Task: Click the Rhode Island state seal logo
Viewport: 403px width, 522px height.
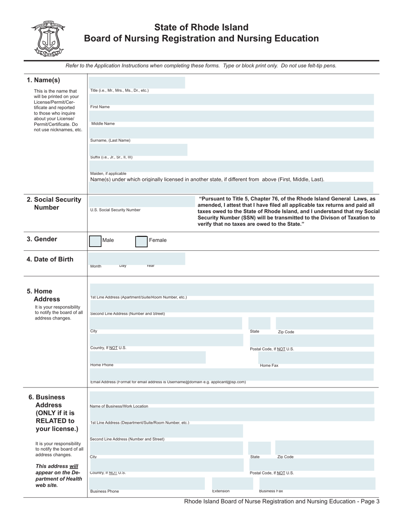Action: tap(47, 39)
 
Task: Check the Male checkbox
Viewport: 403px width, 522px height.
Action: tap(95, 241)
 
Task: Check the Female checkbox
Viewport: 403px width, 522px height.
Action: tap(141, 241)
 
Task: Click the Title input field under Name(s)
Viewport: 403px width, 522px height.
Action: tap(136, 82)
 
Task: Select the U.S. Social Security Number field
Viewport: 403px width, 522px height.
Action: tap(140, 202)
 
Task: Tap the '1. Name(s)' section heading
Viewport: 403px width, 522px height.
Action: tap(43, 80)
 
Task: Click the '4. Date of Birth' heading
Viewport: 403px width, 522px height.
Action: tap(50, 259)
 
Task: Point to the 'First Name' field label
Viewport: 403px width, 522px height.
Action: tap(100, 107)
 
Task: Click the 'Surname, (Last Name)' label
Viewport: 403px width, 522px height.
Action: tap(110, 140)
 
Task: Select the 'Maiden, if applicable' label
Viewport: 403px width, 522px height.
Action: tap(108, 174)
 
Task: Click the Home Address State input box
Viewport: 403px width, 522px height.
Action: tap(259, 323)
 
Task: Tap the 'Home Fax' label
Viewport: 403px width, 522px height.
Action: tap(269, 365)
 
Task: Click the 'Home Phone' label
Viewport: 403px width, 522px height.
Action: tap(102, 365)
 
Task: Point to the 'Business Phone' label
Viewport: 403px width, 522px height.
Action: tap(104, 491)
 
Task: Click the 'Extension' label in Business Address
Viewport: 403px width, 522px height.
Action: tap(221, 491)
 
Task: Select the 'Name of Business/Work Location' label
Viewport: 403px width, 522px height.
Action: tap(119, 406)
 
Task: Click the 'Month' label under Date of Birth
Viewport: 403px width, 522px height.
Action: tap(96, 267)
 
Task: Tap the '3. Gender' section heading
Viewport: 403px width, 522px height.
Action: tap(42, 239)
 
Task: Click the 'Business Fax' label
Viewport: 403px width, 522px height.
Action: tap(271, 491)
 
